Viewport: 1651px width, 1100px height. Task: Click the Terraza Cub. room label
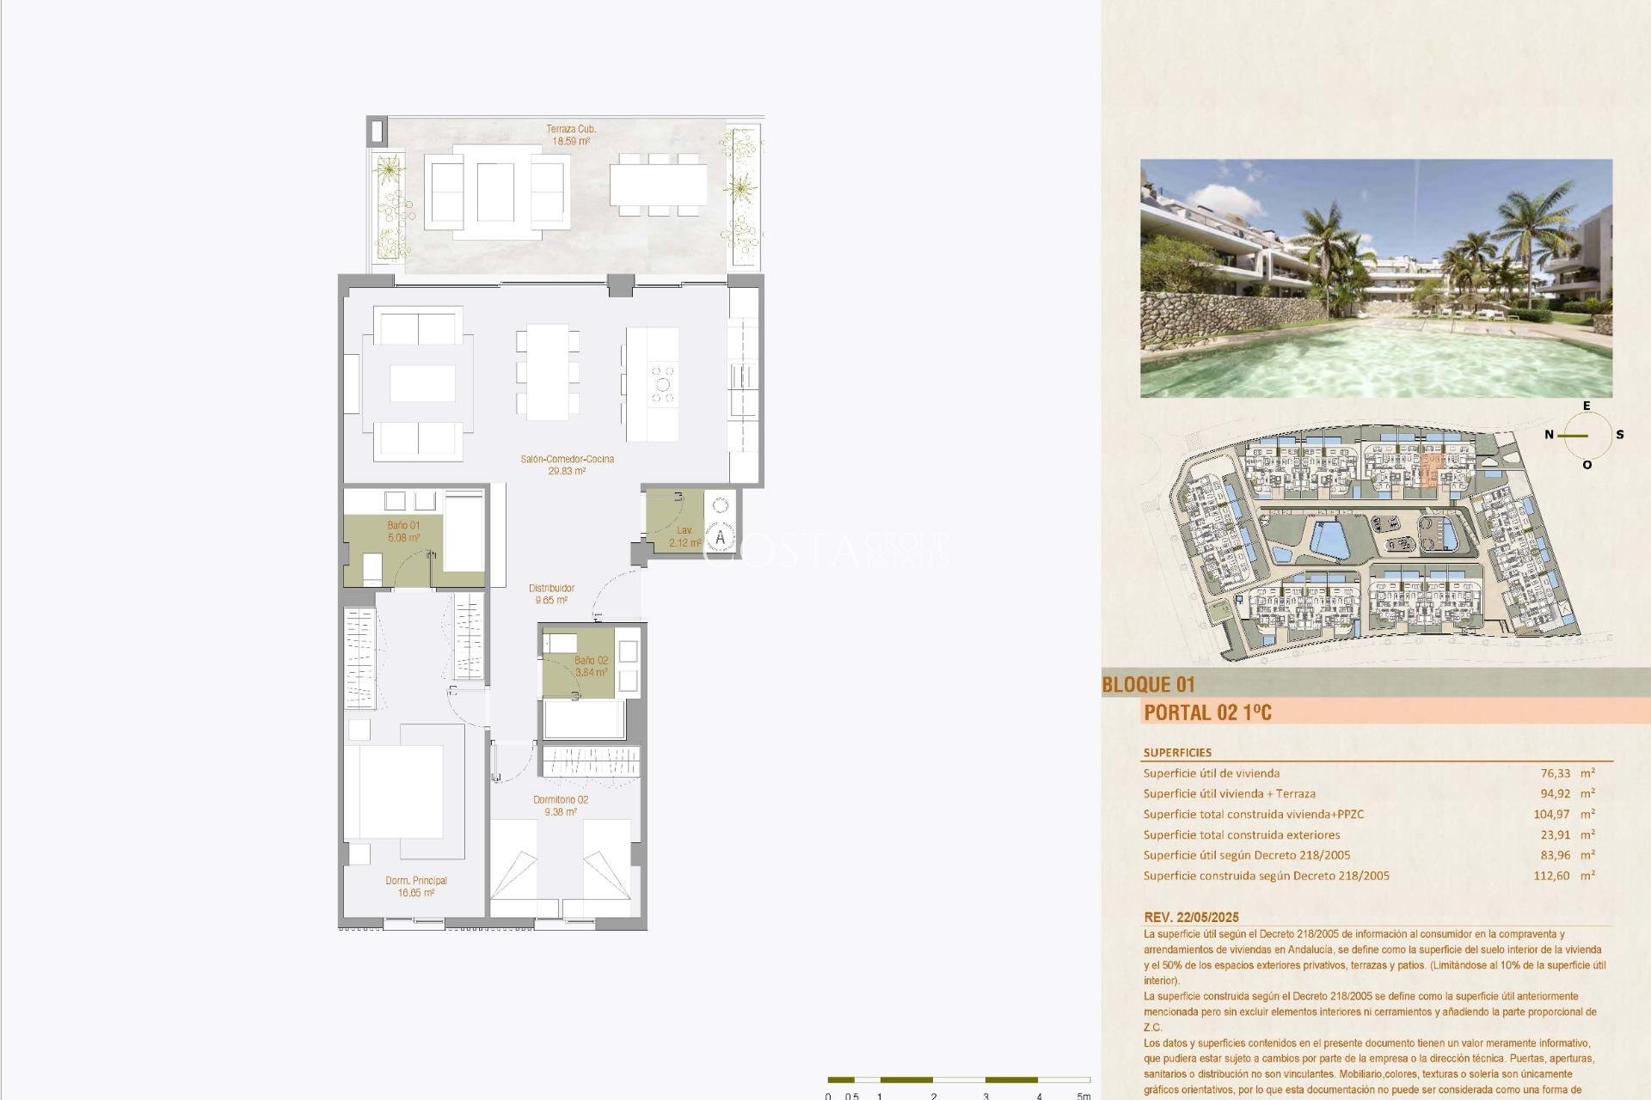click(570, 129)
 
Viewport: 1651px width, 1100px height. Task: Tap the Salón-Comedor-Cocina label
click(567, 460)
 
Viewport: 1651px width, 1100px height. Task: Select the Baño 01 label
click(403, 526)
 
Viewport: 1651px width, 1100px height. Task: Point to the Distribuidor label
click(551, 589)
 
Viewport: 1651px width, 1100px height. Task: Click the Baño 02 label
click(591, 661)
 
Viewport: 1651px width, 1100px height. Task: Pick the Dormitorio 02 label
click(560, 800)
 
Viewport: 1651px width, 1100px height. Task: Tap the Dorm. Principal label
click(416, 881)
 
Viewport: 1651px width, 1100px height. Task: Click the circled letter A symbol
click(721, 539)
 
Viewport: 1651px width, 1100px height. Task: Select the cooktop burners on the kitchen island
click(663, 384)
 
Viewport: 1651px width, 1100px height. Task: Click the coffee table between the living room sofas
click(422, 383)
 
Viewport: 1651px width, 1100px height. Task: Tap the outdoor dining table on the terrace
click(659, 185)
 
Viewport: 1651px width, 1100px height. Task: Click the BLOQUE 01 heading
click(1148, 685)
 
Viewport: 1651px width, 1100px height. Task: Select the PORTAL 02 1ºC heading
click(1207, 712)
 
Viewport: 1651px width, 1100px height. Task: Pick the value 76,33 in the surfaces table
click(1533, 773)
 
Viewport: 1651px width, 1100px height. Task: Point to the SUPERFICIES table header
click(1177, 753)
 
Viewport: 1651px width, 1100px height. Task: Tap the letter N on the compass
click(1549, 435)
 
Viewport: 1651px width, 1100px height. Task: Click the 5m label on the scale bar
click(1083, 1096)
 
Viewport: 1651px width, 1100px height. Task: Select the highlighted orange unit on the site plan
click(1430, 471)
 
